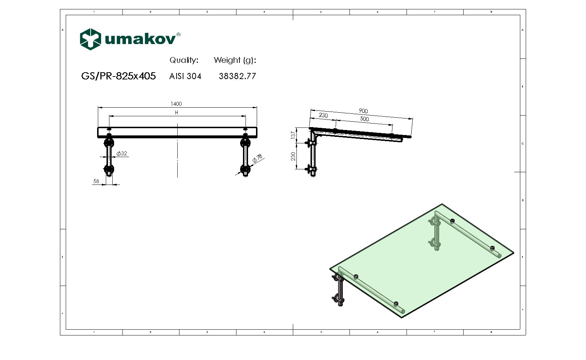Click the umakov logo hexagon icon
tap(90, 39)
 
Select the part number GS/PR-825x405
tap(118, 76)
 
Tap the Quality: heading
tap(184, 60)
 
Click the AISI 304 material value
tap(185, 76)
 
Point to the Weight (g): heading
tap(235, 60)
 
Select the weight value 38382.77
tap(237, 76)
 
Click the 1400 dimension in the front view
tap(176, 104)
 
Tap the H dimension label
tap(177, 113)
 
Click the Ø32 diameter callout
tap(122, 153)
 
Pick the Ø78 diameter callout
tap(257, 159)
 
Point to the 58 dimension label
tap(96, 181)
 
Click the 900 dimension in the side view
tap(363, 111)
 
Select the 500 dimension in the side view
tap(364, 119)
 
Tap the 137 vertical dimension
tap(293, 135)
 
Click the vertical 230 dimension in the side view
tap(293, 156)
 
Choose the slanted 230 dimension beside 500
tap(323, 115)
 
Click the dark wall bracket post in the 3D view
tap(340, 291)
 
